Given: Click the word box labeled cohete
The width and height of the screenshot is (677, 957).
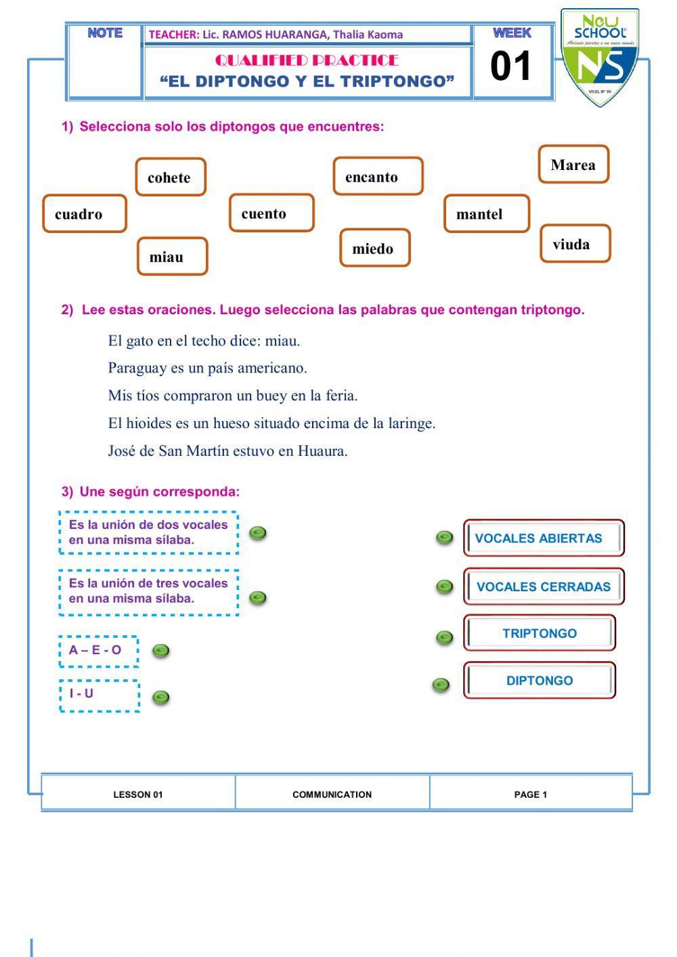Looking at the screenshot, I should click(x=171, y=177).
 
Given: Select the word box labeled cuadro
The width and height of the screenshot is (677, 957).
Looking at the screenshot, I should click(x=85, y=214).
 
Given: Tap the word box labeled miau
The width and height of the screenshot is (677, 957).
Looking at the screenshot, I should click(x=172, y=257).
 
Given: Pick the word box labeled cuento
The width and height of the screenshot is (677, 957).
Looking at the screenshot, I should click(x=271, y=213).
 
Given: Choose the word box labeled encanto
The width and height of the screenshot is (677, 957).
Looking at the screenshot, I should click(x=378, y=177).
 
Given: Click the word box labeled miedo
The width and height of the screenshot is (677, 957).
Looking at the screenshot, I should click(x=375, y=249).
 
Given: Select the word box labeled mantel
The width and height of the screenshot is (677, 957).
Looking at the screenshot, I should click(x=487, y=214).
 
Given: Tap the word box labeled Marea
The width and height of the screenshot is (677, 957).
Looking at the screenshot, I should click(x=573, y=165).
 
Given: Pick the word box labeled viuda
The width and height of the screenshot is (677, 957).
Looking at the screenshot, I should click(x=575, y=244).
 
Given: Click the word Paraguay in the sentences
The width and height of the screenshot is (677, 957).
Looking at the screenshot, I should click(x=137, y=368).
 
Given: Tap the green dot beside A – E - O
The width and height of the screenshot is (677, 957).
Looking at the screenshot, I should click(x=160, y=651).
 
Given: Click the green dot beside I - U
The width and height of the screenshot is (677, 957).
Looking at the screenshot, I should click(x=160, y=697).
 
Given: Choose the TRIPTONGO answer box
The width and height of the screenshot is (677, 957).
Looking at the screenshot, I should click(x=540, y=634).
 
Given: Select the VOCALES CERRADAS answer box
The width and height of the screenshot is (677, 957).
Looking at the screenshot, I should click(x=543, y=587).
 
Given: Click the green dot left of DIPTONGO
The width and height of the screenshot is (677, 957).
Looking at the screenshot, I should click(x=441, y=685).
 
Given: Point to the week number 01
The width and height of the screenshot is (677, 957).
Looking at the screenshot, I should click(x=511, y=67).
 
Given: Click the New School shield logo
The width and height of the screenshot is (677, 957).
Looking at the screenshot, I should click(x=600, y=58).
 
